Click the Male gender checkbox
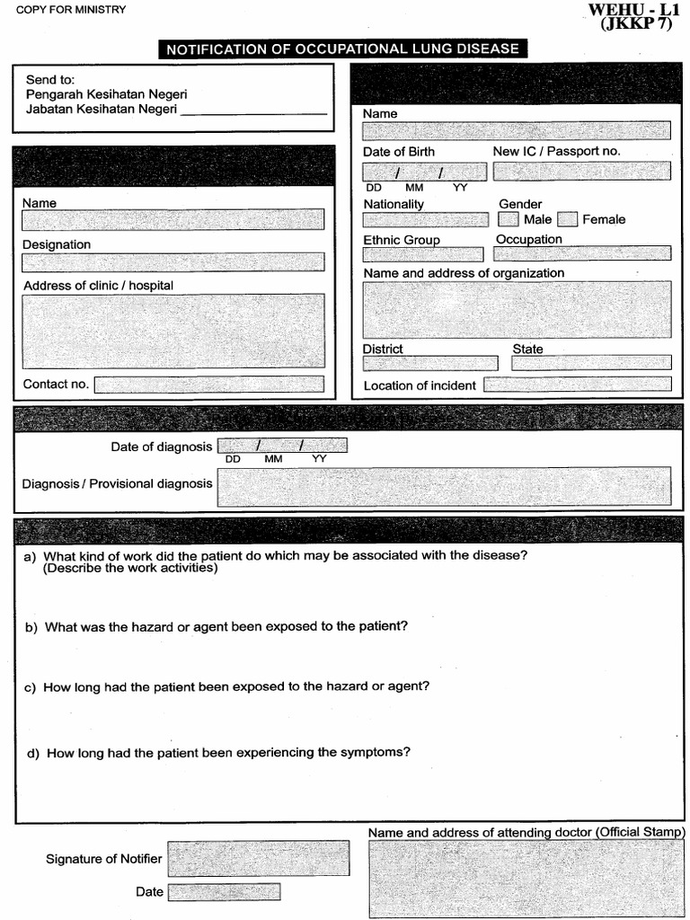click(509, 218)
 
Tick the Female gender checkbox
click(567, 218)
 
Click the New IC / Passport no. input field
click(581, 171)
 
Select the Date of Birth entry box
click(424, 172)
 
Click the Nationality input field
click(426, 219)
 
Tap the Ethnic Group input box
click(422, 253)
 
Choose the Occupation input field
click(582, 253)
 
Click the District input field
click(429, 363)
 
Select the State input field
click(591, 363)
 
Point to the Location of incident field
click(577, 385)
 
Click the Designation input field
click(172, 261)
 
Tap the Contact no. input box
click(208, 385)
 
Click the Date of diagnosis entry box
click(282, 446)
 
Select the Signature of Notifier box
click(258, 858)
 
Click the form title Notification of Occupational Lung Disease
click(342, 49)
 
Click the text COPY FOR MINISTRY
click(70, 10)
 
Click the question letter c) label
click(30, 687)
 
